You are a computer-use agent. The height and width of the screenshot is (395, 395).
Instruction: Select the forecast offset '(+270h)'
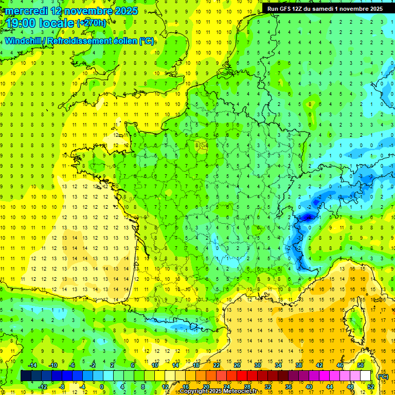point(92,23)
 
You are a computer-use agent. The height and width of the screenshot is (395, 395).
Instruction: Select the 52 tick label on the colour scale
point(371,386)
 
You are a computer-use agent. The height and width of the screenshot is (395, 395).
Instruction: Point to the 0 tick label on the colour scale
point(101,386)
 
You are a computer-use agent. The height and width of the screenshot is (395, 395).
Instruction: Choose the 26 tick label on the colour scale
point(237,365)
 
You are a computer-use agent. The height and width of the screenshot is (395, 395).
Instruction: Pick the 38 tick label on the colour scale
point(298,365)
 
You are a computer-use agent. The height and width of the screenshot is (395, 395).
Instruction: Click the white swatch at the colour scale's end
point(365,376)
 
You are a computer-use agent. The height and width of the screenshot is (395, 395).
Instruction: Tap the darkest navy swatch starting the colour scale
point(26,376)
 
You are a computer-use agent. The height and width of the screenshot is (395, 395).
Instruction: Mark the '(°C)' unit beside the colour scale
point(383,376)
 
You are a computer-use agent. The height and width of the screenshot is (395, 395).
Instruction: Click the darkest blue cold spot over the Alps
point(308,218)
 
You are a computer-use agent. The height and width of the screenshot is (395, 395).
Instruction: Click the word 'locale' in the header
point(56,23)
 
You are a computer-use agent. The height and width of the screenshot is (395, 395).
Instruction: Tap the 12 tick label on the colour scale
point(165,386)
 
